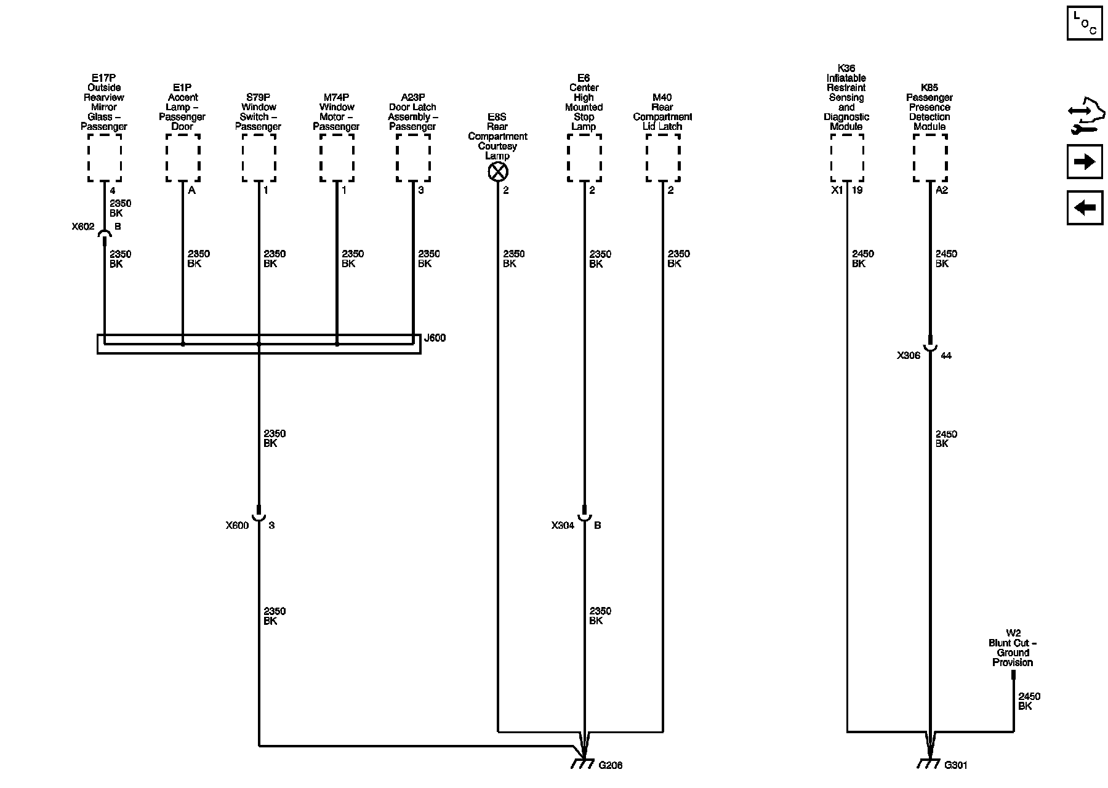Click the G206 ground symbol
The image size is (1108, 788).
[x=582, y=763]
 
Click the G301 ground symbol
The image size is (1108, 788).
[x=928, y=763]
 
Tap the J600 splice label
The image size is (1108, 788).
[x=435, y=338]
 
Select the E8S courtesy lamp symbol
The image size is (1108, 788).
[x=497, y=172]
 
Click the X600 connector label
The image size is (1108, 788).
[x=237, y=526]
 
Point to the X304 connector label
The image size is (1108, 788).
[x=563, y=526]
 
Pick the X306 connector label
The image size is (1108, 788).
[x=909, y=356]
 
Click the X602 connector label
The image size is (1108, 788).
[x=83, y=227]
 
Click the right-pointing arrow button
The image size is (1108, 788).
[x=1084, y=162]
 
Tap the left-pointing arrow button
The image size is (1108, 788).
[x=1084, y=207]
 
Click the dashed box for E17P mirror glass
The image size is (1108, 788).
[x=104, y=158]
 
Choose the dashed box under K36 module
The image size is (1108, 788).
[x=846, y=158]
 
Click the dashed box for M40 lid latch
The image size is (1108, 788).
[x=663, y=158]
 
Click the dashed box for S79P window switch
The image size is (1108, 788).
[x=259, y=158]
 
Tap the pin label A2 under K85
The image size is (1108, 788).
[x=942, y=190]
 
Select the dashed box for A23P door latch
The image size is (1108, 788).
[x=413, y=158]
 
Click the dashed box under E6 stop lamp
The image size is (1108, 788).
[x=584, y=158]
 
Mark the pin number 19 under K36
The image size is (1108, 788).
[x=857, y=190]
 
